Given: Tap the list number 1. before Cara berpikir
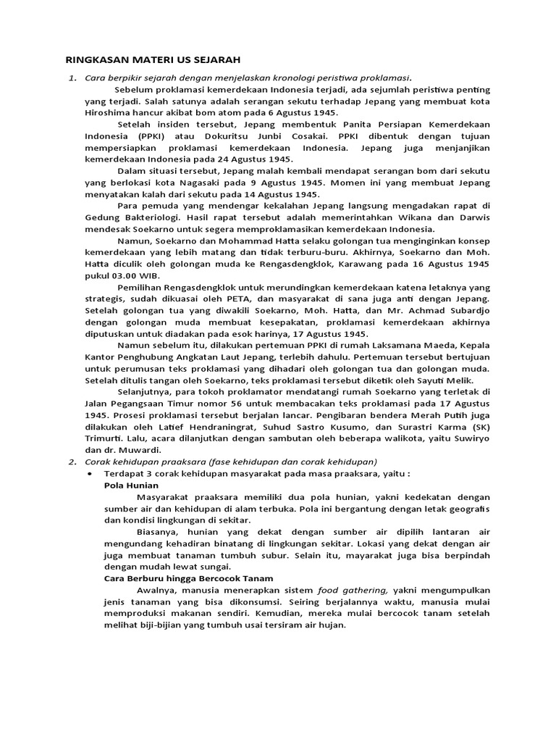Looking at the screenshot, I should tap(72, 78).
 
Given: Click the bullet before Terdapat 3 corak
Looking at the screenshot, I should tap(89, 473).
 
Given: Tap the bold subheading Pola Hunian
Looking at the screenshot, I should tap(131, 485).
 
